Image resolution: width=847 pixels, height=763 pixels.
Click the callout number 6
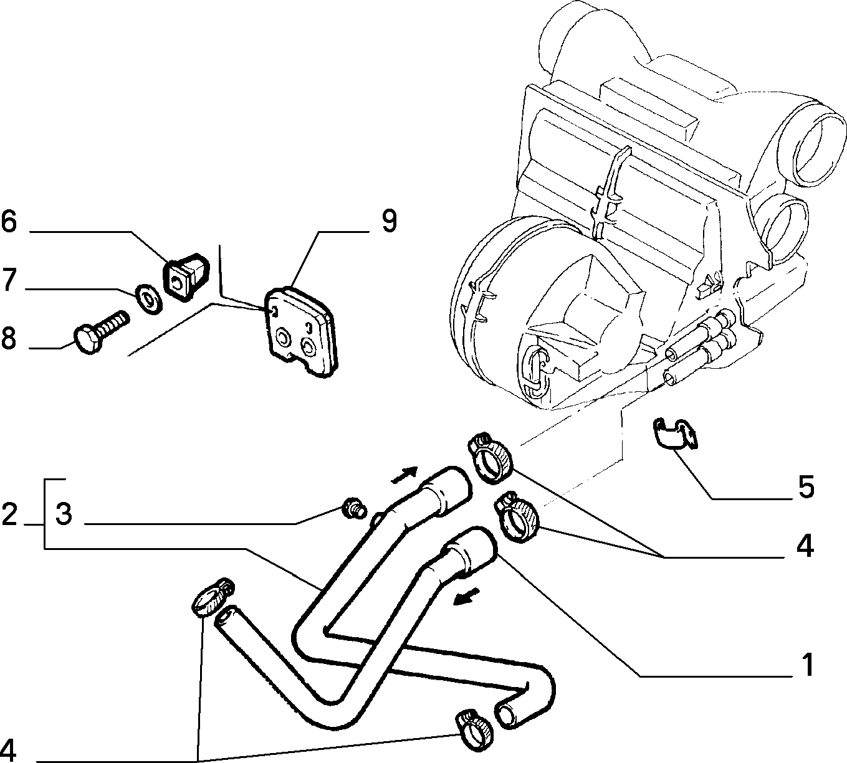click(x=9, y=222)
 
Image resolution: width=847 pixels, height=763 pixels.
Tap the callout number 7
click(x=9, y=280)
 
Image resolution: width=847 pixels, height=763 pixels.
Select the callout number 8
click(x=9, y=338)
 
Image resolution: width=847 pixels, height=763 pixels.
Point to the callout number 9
click(x=390, y=221)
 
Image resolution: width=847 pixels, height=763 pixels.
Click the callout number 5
click(x=805, y=486)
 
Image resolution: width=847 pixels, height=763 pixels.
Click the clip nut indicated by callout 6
click(x=185, y=277)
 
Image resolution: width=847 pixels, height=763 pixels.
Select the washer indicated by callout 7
click(x=148, y=299)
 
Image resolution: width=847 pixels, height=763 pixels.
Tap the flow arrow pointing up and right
click(x=404, y=475)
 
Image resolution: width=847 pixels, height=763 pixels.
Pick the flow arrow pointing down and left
click(x=467, y=596)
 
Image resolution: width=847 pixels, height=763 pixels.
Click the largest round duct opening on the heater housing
click(x=812, y=146)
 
